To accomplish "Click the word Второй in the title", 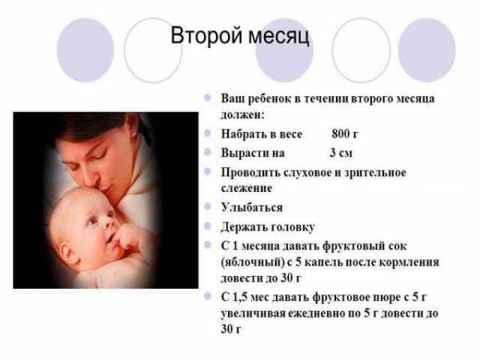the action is tap(206, 35).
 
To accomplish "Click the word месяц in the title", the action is tap(278, 37).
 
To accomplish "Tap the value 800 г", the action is tap(345, 134).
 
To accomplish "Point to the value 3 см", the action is tap(341, 153).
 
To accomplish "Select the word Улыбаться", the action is tap(252, 207).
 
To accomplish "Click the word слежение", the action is tap(246, 188).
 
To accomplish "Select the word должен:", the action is tap(242, 115).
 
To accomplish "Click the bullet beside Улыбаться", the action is tap(207, 206).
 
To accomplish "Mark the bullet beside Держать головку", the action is tap(207, 226).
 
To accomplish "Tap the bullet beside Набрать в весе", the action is tap(207, 133).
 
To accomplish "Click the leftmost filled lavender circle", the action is tap(86, 50).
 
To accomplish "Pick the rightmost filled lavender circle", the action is tap(426, 50).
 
